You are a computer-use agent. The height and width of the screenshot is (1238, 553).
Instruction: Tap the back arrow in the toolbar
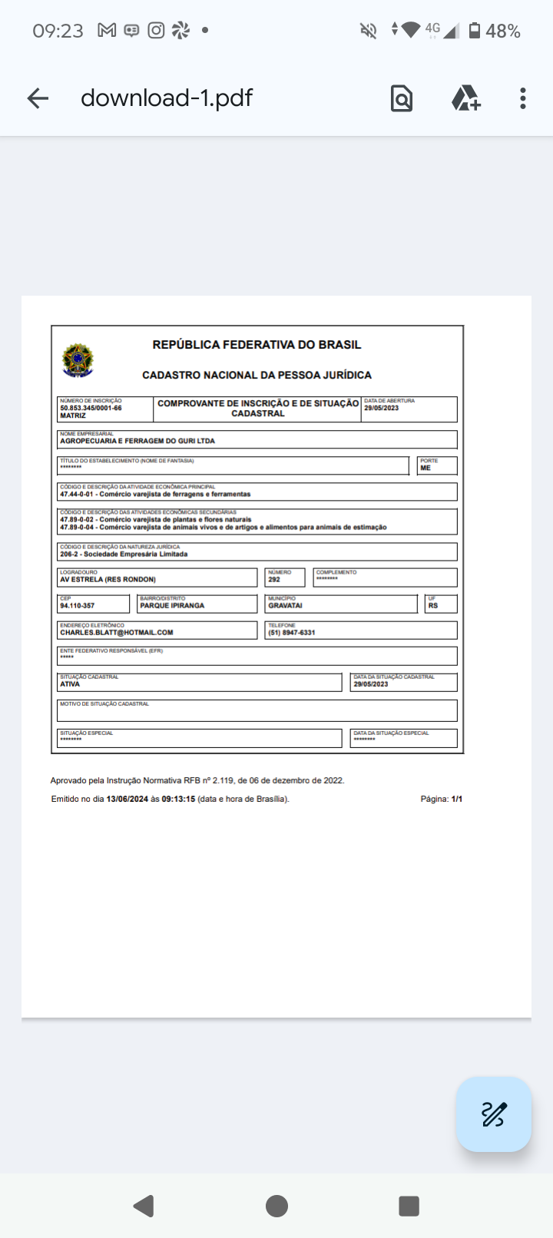[38, 98]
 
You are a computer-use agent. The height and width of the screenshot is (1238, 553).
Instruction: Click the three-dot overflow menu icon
[523, 98]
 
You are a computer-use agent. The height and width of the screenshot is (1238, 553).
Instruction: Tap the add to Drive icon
[465, 98]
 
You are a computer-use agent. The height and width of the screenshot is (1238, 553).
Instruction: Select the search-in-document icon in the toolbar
[402, 98]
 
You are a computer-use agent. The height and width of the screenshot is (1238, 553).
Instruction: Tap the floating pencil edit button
[493, 1114]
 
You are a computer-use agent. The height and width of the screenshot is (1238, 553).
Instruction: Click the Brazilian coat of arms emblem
[78, 360]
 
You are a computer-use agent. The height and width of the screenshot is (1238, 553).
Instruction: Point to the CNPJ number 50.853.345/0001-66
[91, 408]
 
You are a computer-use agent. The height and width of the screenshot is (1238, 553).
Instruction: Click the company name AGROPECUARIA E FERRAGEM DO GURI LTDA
[137, 441]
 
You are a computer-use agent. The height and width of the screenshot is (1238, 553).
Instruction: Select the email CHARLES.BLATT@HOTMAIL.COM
[117, 633]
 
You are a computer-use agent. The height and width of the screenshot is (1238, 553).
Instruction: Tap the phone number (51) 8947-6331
[292, 633]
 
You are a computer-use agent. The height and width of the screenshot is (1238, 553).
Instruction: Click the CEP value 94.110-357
[78, 606]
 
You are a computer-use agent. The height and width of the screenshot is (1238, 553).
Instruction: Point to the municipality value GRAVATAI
[285, 606]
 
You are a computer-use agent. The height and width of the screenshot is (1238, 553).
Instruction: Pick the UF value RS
[433, 606]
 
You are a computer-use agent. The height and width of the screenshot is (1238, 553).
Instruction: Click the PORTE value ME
[426, 468]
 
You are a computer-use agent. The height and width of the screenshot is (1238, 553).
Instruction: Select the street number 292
[274, 580]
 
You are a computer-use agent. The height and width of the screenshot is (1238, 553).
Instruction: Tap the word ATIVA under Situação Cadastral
[70, 684]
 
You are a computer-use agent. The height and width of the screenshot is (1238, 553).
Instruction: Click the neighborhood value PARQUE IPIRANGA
[172, 606]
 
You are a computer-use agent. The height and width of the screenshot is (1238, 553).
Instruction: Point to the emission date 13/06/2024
[127, 799]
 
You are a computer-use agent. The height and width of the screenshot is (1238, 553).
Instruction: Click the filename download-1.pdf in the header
[167, 98]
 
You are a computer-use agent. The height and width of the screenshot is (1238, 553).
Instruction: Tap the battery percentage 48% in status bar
[503, 31]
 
